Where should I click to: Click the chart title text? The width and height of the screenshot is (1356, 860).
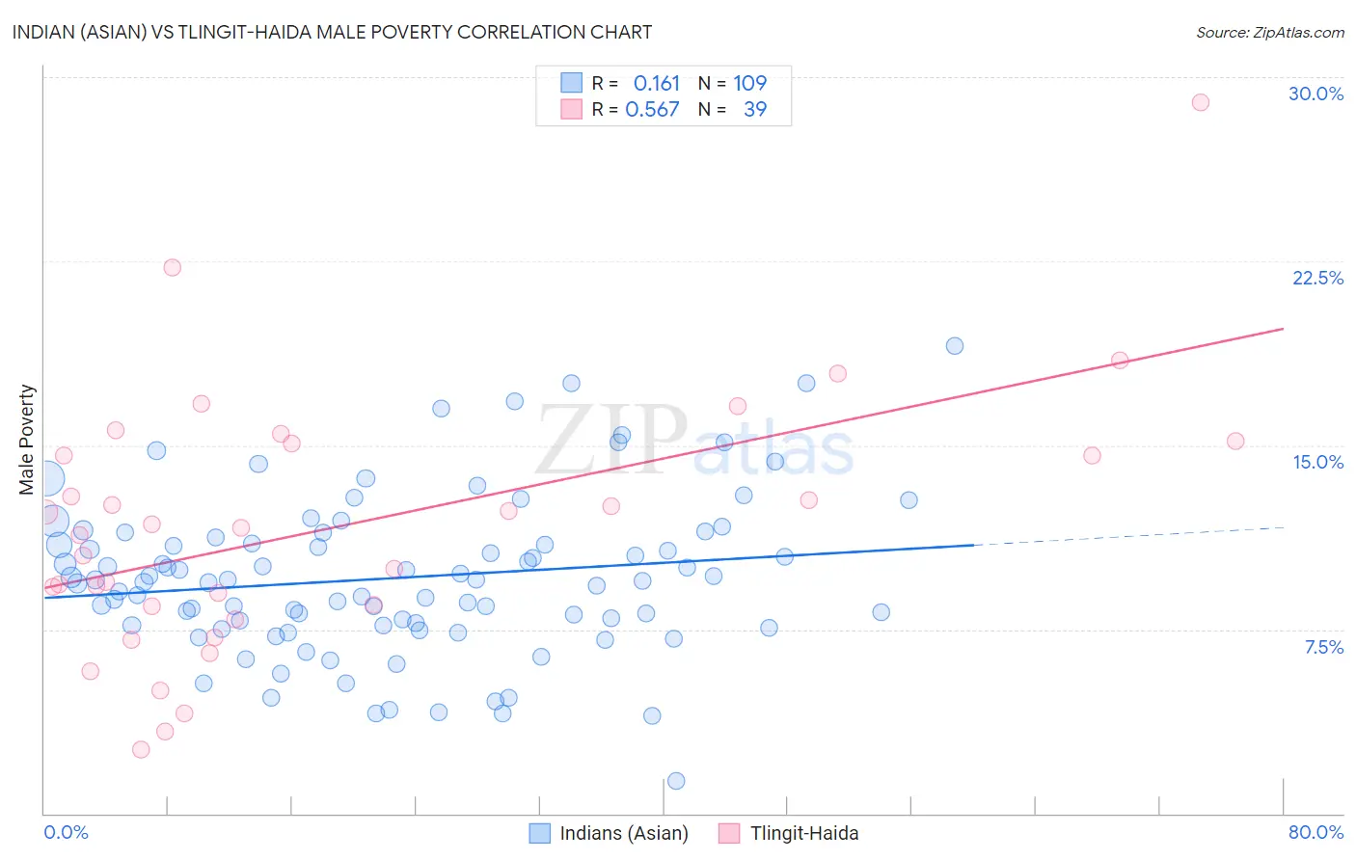(332, 32)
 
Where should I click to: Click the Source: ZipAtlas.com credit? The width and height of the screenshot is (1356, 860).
(1269, 32)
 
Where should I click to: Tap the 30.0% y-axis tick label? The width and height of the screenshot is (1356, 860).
(1315, 94)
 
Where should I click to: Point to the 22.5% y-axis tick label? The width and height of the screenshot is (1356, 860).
(1317, 278)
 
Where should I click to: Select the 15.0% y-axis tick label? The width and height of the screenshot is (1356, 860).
(1317, 462)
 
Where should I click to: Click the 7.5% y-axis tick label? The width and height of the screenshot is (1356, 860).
(1323, 647)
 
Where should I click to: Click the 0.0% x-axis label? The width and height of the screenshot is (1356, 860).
(66, 832)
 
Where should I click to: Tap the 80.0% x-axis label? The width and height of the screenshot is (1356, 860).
(1315, 832)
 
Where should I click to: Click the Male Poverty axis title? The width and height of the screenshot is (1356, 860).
(27, 440)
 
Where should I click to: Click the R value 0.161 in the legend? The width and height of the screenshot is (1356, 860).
(656, 83)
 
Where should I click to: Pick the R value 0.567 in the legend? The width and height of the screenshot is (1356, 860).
(652, 109)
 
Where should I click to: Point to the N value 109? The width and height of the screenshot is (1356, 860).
(749, 83)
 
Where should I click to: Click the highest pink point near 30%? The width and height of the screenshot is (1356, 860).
(1200, 102)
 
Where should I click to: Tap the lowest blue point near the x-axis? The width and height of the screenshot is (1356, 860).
(676, 781)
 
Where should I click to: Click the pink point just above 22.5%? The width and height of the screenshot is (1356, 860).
(172, 267)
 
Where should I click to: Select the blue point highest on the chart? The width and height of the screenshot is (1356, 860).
(954, 346)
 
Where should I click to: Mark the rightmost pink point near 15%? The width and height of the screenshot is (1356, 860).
(1235, 442)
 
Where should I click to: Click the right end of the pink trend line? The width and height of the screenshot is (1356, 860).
(1283, 329)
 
